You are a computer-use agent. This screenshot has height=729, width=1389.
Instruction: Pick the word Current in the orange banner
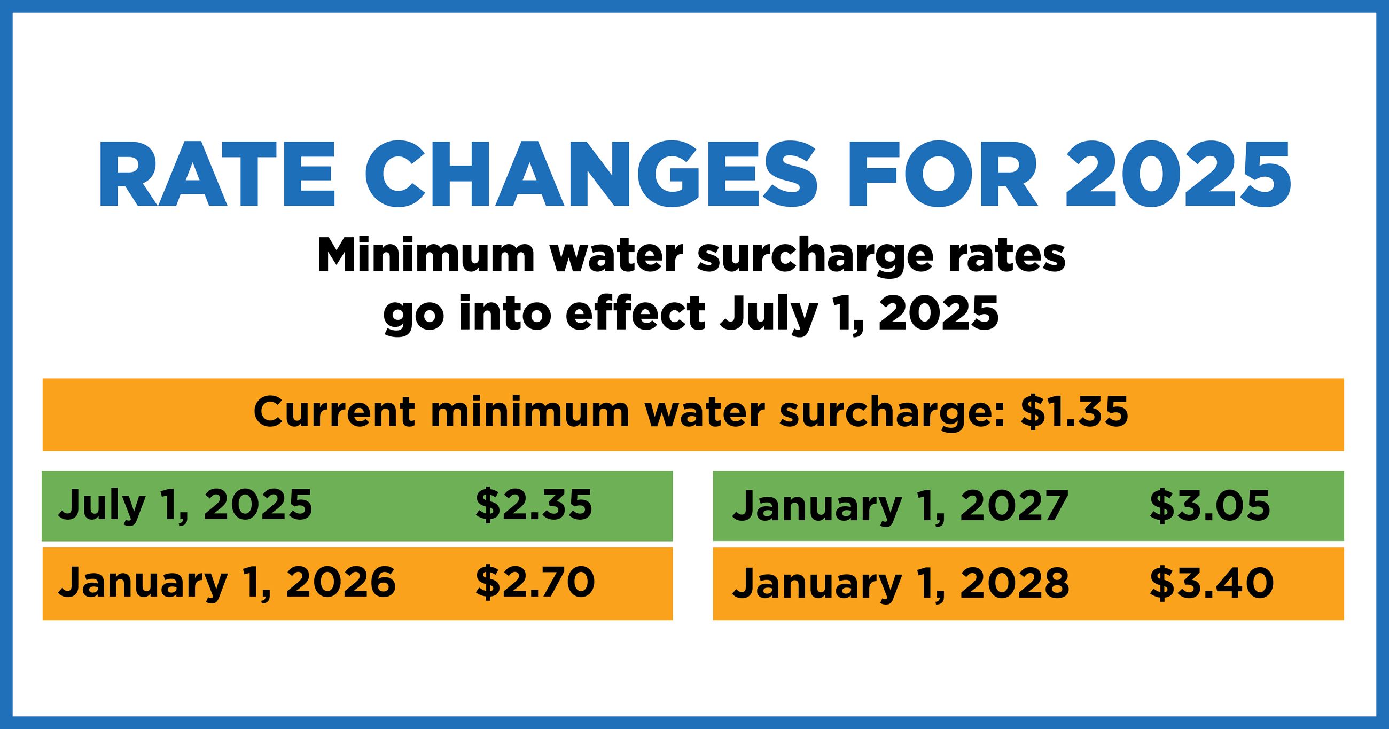click(334, 413)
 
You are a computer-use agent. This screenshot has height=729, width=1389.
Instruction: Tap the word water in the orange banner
click(704, 413)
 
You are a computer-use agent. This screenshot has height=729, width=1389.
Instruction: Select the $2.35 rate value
click(533, 506)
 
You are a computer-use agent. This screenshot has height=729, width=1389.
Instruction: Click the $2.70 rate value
click(534, 583)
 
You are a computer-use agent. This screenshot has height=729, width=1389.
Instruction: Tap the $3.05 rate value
click(1209, 506)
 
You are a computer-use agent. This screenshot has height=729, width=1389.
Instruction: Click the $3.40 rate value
click(1211, 583)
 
